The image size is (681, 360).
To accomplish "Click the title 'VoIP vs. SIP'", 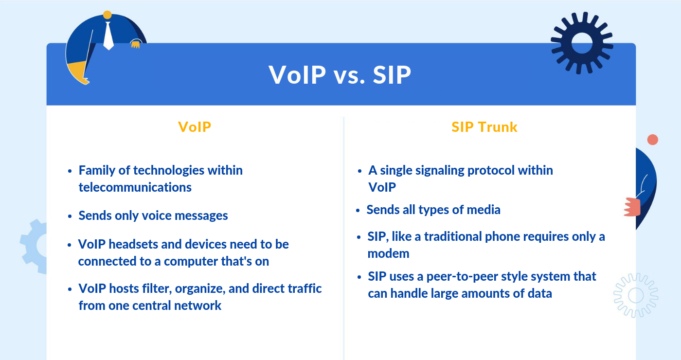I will [x=340, y=75].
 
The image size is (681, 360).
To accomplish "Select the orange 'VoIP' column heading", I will [x=195, y=127].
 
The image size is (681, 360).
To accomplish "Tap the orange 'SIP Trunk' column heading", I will [x=484, y=127].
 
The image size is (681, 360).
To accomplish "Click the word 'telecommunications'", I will [x=135, y=187].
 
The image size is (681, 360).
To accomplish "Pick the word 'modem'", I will [x=388, y=253].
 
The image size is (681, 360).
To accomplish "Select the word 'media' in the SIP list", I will [x=484, y=210].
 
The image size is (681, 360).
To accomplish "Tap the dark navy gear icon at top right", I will [x=582, y=43].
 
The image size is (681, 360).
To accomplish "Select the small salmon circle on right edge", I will [x=652, y=140].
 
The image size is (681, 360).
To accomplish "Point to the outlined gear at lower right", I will [x=635, y=295].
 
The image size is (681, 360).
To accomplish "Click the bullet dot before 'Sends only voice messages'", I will [x=69, y=216].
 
